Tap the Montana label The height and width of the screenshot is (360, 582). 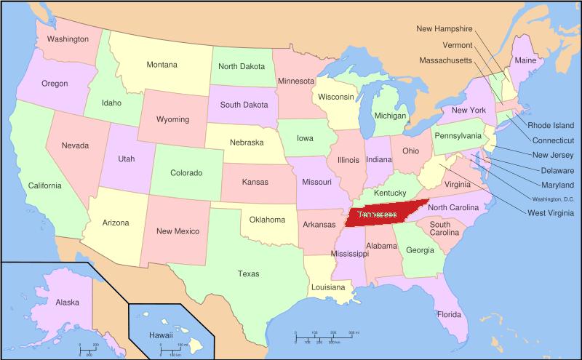pyautogui.click(x=162, y=65)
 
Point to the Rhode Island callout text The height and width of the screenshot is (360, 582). pyautogui.click(x=551, y=125)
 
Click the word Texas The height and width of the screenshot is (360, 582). pyautogui.click(x=248, y=274)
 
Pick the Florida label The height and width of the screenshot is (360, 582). pyautogui.click(x=448, y=315)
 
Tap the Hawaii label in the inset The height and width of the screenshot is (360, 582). pyautogui.click(x=160, y=335)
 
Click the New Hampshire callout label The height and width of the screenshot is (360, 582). pyautogui.click(x=445, y=29)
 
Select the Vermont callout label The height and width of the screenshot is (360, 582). pyautogui.click(x=458, y=44)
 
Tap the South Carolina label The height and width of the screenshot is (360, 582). pyautogui.click(x=443, y=229)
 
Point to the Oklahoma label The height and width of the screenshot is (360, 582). pyautogui.click(x=267, y=220)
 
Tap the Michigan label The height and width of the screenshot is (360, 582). pyautogui.click(x=390, y=116)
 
